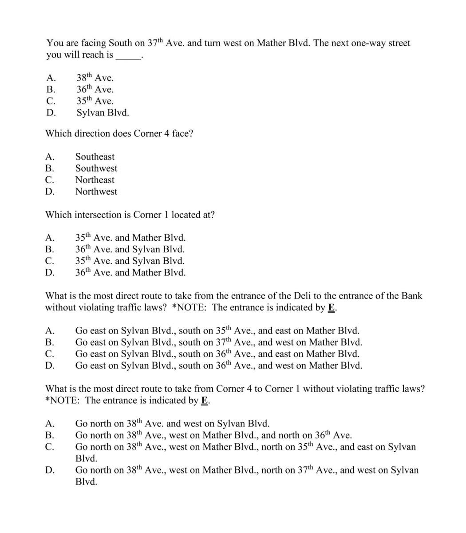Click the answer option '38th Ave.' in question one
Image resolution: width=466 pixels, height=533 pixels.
(95, 78)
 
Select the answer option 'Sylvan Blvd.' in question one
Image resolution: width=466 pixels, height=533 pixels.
(103, 113)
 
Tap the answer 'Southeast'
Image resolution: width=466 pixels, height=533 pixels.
(95, 157)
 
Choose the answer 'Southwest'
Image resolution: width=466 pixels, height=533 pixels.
(96, 168)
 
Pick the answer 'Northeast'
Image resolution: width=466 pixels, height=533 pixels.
(95, 180)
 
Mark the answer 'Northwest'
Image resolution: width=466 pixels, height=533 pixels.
(96, 191)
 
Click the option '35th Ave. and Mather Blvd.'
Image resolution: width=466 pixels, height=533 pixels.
(130, 238)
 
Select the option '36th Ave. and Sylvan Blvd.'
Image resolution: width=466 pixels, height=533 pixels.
(130, 249)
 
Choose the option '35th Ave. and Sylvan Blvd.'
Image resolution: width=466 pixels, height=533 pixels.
(130, 261)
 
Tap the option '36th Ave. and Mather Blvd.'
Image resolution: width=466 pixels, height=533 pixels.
(130, 272)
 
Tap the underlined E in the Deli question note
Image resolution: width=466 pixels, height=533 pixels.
(331, 307)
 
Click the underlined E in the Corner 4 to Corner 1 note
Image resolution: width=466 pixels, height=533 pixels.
(204, 400)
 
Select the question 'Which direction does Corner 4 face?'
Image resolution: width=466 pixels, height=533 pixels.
(119, 133)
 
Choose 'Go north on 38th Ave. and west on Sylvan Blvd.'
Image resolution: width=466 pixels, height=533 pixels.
(172, 423)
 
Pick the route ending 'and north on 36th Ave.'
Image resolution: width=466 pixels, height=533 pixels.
(213, 435)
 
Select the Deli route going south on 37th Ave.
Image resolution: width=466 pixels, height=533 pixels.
(218, 342)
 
